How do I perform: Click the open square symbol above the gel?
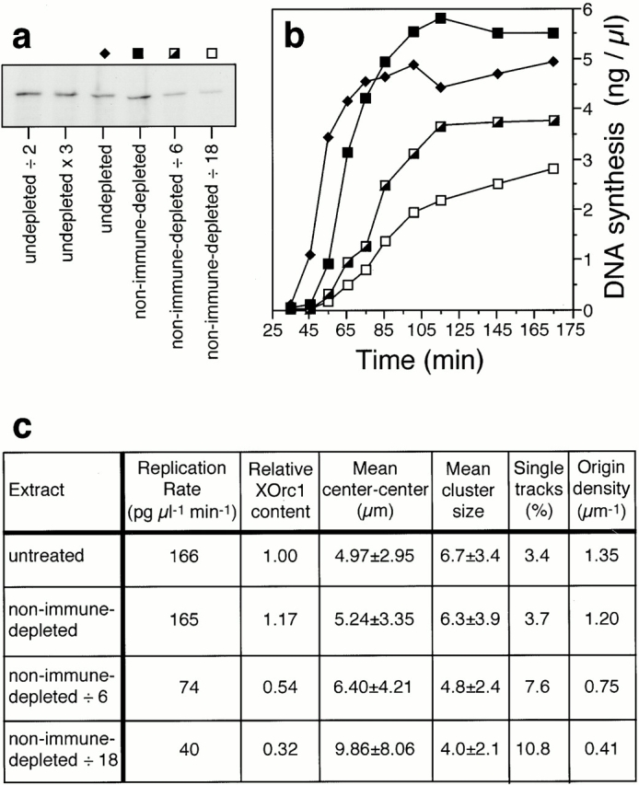211,52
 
